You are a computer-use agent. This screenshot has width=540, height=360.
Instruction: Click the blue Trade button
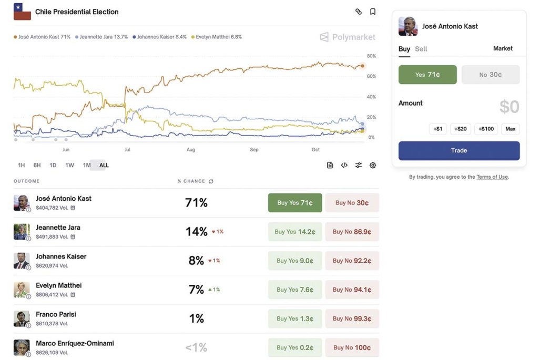click(x=459, y=150)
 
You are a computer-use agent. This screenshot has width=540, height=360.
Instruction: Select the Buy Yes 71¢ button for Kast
click(x=295, y=203)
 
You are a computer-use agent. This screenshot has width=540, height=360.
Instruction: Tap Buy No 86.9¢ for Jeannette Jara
click(x=352, y=232)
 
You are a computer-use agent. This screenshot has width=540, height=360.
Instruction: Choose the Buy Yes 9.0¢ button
click(x=295, y=261)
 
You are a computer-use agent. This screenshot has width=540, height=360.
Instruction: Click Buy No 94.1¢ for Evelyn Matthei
click(x=352, y=290)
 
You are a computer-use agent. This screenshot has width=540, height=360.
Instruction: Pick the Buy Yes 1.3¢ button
click(x=295, y=318)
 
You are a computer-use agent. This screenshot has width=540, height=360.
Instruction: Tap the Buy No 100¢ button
click(x=352, y=347)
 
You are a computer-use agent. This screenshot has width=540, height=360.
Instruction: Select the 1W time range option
click(x=69, y=165)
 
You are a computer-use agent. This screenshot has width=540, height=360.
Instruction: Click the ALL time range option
click(x=104, y=165)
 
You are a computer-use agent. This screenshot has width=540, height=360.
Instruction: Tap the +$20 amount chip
click(x=461, y=129)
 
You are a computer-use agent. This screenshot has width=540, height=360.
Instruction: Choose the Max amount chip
click(x=510, y=129)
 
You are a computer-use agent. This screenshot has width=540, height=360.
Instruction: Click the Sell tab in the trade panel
click(x=421, y=49)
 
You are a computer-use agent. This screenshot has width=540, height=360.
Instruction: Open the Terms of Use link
click(x=492, y=177)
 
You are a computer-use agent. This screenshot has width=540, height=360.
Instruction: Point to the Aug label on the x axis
click(x=191, y=150)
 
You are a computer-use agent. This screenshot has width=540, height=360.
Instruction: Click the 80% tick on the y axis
click(x=371, y=56)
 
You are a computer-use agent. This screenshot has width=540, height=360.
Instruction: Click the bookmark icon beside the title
click(x=373, y=12)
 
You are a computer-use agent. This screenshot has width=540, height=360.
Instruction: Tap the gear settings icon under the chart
click(x=373, y=165)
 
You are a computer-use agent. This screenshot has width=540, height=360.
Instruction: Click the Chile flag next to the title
click(x=22, y=12)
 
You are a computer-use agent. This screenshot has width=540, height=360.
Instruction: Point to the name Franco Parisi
click(x=56, y=314)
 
